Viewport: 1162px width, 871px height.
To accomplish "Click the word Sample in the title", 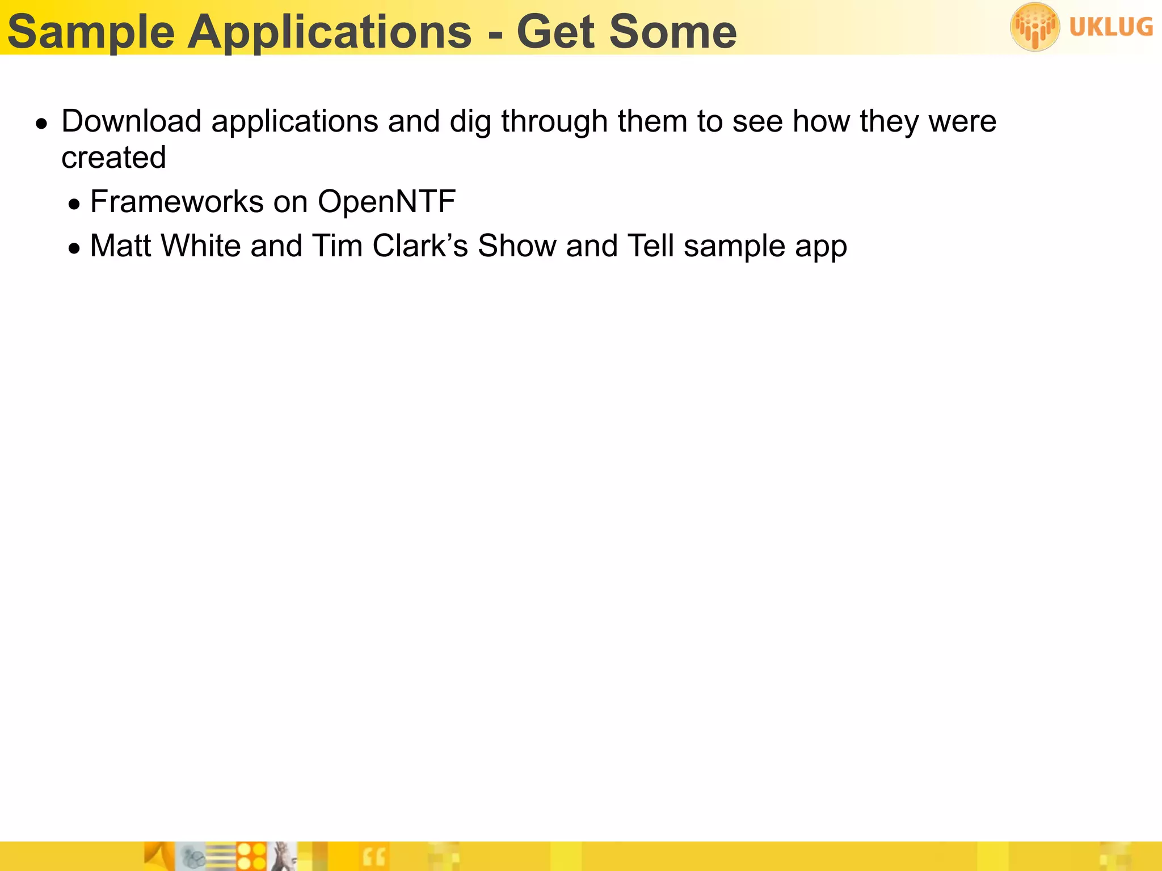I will [91, 32].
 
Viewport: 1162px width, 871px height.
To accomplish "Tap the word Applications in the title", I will [329, 32].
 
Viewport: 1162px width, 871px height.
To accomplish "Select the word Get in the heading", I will [555, 32].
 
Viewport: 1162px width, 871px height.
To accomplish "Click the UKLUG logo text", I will [1110, 27].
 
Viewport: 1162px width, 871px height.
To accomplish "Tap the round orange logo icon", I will [1034, 27].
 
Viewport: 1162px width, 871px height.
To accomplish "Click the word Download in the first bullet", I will [132, 121].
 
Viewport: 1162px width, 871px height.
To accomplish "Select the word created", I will [113, 158].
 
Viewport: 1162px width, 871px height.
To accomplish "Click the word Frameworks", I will [176, 202].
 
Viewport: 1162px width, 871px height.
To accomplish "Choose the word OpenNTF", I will [386, 202].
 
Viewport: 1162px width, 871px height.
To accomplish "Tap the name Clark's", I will [420, 246].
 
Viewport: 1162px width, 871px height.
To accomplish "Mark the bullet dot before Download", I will [41, 124].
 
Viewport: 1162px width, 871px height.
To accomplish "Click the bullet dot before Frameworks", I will [74, 204].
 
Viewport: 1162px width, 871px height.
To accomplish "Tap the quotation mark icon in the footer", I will [373, 857].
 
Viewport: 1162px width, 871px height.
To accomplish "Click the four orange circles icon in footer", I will [251, 856].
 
